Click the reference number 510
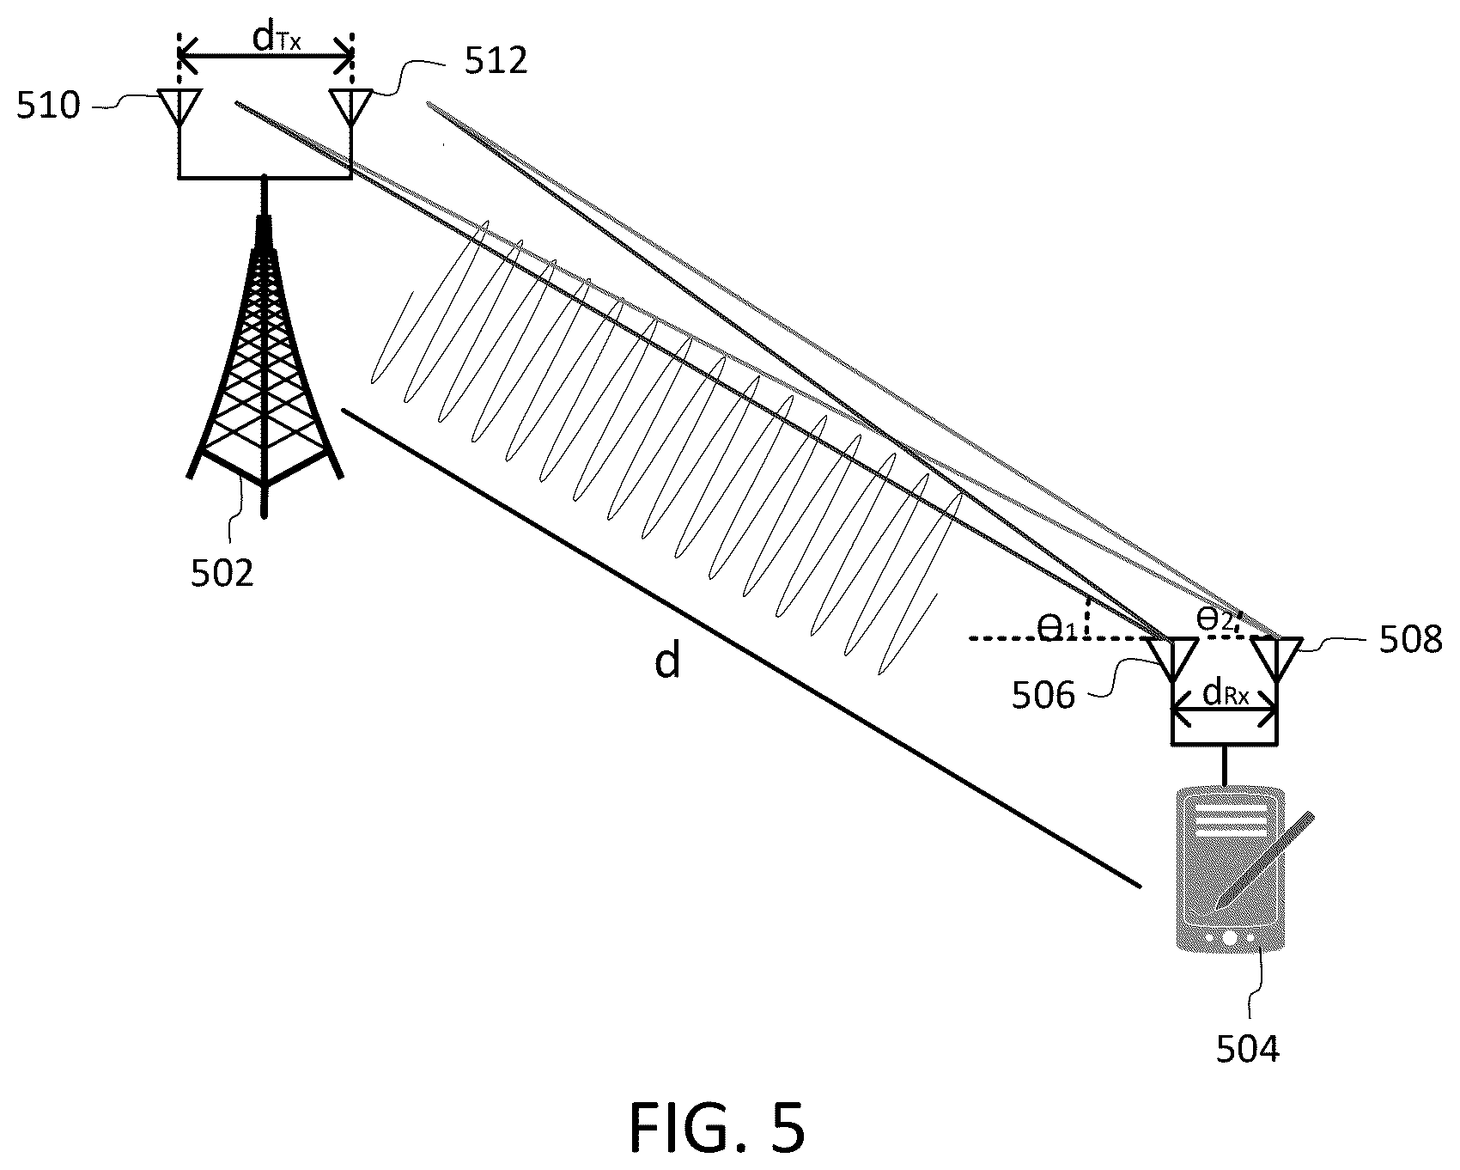point(48,107)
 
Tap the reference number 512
point(496,61)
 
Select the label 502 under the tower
point(222,573)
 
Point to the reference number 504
point(1247,1049)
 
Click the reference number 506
point(1043,695)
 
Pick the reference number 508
point(1410,640)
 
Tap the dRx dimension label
point(1226,692)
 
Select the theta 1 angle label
point(1056,628)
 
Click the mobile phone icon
point(1229,868)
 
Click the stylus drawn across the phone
point(1265,859)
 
